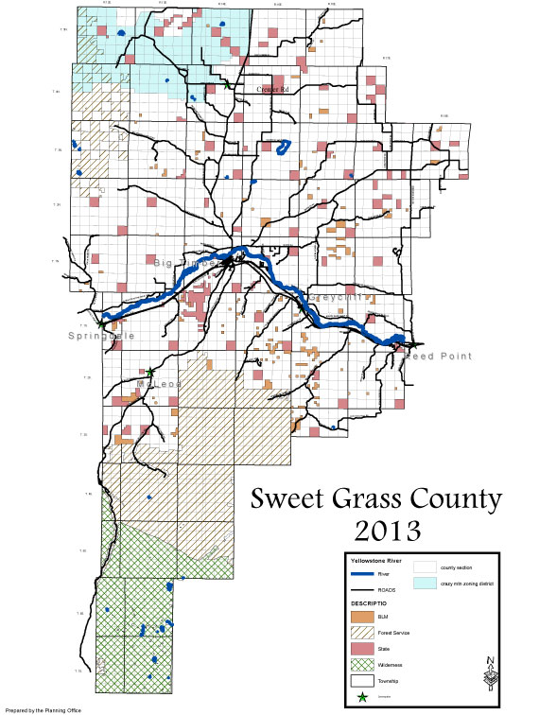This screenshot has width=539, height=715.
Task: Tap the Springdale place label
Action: [x=101, y=336]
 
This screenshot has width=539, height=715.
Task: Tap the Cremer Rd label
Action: [x=276, y=89]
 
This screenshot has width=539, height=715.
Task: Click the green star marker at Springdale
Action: [x=101, y=323]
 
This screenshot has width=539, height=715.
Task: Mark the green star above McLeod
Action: [x=148, y=372]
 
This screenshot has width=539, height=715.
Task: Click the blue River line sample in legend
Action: [x=362, y=572]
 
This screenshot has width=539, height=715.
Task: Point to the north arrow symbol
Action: [x=489, y=675]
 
